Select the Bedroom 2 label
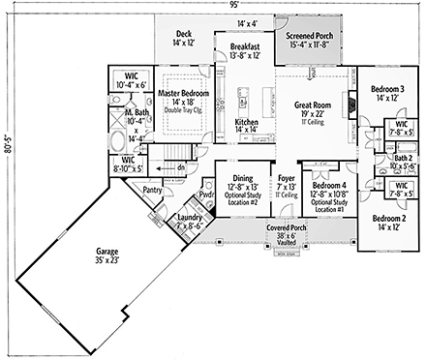[x=391, y=220]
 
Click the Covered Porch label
[x=288, y=225]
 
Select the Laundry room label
[x=190, y=219]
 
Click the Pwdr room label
[x=207, y=194]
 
